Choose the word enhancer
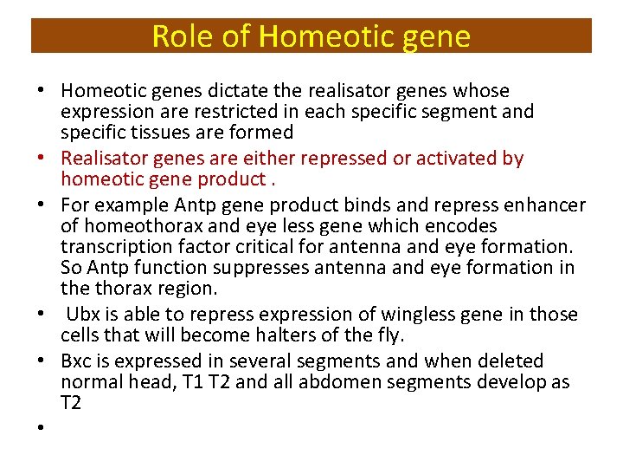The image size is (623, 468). [x=549, y=205]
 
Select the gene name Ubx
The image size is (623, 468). [x=83, y=315]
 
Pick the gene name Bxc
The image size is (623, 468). [x=77, y=361]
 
